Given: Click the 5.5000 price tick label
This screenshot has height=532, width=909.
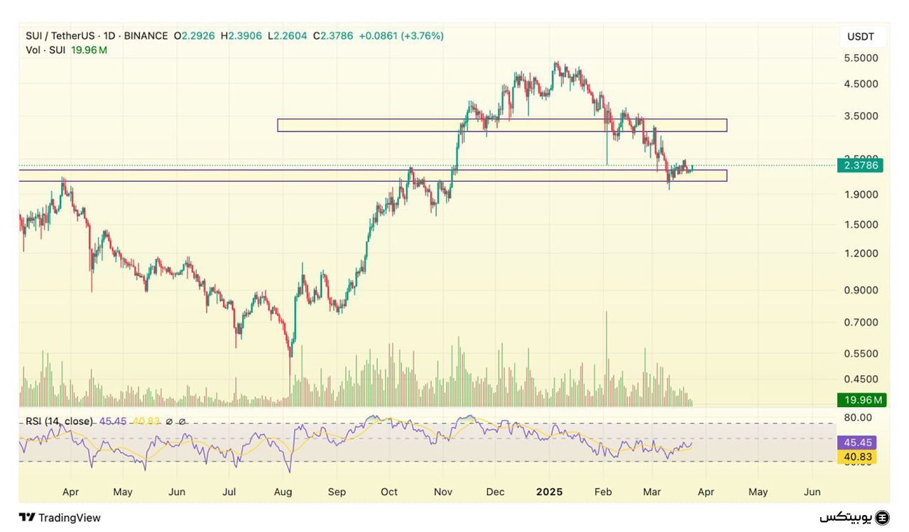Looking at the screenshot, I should tap(861, 58).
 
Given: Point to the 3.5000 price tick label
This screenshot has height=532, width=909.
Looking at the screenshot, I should tap(861, 116).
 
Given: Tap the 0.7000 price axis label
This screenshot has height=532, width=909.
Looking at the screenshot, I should tap(861, 322).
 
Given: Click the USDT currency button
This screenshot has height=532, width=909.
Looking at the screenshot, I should tap(861, 36).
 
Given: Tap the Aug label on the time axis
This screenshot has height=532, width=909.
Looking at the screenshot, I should tap(283, 492).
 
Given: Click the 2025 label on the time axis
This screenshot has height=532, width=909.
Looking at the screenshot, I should tap(549, 492).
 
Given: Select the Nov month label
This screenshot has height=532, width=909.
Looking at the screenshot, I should tap(442, 492).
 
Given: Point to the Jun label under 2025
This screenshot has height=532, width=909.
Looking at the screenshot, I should tap(812, 492).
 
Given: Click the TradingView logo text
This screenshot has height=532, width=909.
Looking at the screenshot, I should tap(69, 518).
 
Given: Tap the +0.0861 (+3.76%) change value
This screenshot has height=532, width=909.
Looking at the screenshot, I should tap(401, 36).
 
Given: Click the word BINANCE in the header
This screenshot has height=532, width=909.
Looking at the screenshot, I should tap(146, 36).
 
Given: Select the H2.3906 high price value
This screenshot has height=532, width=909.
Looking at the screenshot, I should tap(241, 36).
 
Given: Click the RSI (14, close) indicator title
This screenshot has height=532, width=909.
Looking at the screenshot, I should tap(59, 421).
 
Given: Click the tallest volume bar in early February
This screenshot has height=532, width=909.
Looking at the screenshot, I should tap(606, 355).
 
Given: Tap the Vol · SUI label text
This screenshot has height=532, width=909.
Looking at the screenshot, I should tap(45, 50).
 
